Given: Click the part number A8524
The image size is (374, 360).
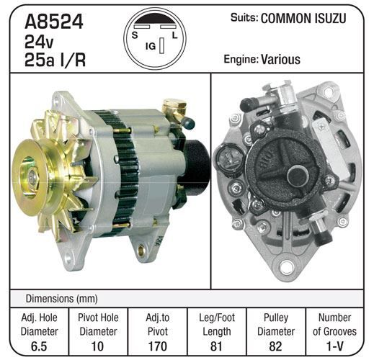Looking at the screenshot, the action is (x=54, y=22).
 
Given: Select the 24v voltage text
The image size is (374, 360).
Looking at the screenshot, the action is (x=39, y=42).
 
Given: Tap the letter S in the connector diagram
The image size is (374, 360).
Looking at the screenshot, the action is (x=135, y=35).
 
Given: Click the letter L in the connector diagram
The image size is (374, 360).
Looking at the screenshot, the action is (x=174, y=35).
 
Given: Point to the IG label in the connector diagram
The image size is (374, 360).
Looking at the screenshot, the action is (x=151, y=46).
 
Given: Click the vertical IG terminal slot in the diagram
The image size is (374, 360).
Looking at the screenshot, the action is (x=162, y=45).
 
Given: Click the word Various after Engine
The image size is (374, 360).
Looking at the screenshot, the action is (x=280, y=59).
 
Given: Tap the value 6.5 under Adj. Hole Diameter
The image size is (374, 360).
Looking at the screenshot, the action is (x=39, y=346).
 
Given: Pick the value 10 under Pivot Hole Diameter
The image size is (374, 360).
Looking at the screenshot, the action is (x=98, y=346).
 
